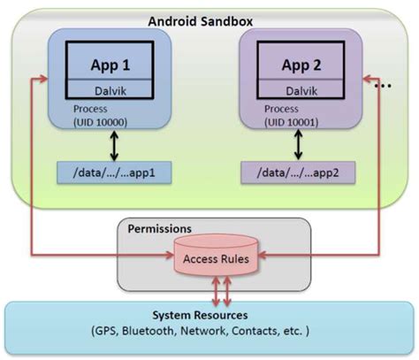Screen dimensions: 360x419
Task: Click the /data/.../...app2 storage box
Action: (x=299, y=171)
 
